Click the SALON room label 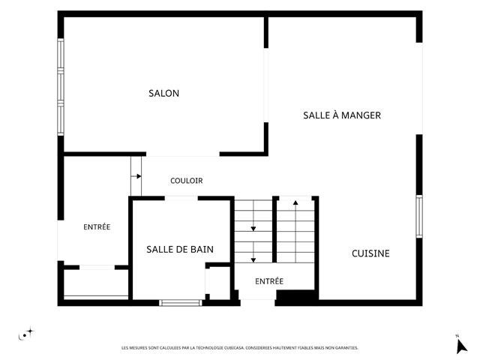(x=163, y=93)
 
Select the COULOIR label (x=187, y=181)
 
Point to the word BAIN (x=202, y=249)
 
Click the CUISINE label (x=370, y=253)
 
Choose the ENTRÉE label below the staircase (x=269, y=281)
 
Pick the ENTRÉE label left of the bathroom (x=97, y=226)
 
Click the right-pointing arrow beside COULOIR (x=136, y=176)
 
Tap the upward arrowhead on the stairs (x=295, y=202)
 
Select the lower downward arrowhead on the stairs (x=253, y=260)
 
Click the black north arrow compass (x=461, y=346)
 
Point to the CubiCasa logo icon (x=26, y=334)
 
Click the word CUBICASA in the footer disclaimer (x=234, y=348)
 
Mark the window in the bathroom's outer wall (x=181, y=303)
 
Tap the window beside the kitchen (x=419, y=217)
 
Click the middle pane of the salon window (x=61, y=87)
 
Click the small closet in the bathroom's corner (x=217, y=281)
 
